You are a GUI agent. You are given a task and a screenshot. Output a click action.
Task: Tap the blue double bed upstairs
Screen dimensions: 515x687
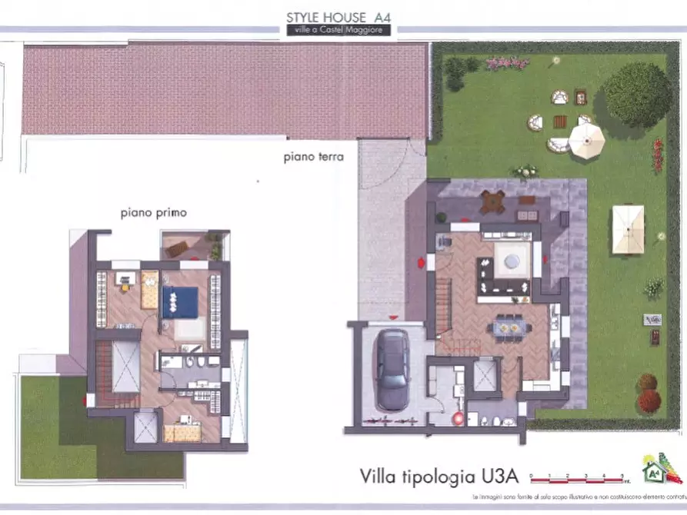pos(180,301)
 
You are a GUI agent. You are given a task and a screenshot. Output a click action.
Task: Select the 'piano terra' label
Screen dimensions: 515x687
pos(312,157)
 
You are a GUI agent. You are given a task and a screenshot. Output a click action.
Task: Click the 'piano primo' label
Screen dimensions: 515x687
pos(153,212)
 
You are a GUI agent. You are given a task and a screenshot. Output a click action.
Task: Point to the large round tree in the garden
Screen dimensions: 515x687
pos(637,94)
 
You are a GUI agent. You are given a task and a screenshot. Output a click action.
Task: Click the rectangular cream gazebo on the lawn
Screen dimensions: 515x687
pos(628,229)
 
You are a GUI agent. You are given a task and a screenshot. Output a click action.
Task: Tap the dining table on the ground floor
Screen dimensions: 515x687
pos(509,328)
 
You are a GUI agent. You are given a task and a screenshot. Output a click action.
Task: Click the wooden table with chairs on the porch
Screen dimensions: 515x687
pos(492,202)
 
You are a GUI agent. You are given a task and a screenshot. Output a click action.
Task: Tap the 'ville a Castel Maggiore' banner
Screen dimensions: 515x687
pos(336,30)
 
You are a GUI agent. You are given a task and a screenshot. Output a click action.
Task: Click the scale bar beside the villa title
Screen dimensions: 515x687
pos(577,478)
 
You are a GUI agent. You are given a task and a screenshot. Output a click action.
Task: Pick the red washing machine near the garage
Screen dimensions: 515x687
pos(457,418)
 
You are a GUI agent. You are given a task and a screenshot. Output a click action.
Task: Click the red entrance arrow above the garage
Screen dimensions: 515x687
pos(394,317)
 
